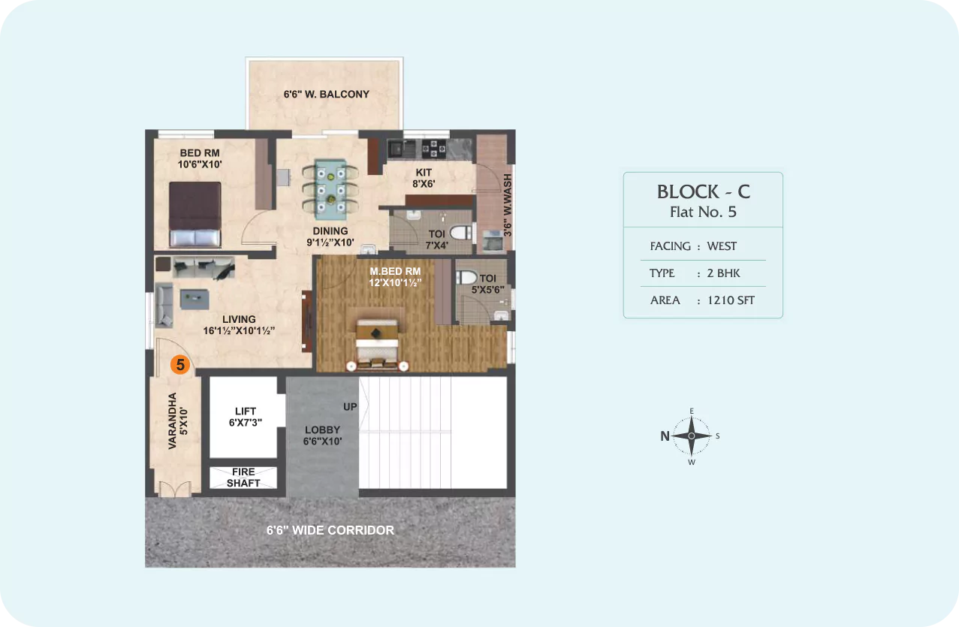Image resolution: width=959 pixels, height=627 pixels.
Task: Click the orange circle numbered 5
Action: (x=180, y=365)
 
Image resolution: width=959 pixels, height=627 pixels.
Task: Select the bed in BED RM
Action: (x=195, y=215)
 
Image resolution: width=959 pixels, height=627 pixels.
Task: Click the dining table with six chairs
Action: (x=330, y=189)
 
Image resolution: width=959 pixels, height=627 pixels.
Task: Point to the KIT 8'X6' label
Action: (x=424, y=178)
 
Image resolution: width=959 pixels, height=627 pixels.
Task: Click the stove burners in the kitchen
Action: (x=434, y=149)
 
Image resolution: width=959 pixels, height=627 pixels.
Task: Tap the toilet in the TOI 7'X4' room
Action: (x=461, y=232)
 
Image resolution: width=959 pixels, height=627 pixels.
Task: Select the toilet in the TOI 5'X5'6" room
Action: (x=466, y=277)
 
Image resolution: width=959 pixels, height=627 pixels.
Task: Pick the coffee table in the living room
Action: (x=195, y=299)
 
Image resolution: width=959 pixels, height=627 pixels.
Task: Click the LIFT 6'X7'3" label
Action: (x=246, y=417)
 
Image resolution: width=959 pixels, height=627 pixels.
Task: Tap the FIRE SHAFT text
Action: (x=243, y=478)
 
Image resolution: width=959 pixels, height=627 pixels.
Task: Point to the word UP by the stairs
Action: (x=350, y=406)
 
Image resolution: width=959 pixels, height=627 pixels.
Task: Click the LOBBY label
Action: (x=322, y=430)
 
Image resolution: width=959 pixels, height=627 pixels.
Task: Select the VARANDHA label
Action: (x=172, y=421)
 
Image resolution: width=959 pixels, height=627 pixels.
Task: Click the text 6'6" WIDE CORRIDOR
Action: (x=330, y=530)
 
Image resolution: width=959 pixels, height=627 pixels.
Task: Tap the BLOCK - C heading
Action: (x=704, y=191)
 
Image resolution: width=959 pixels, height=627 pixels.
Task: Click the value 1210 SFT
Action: (x=731, y=300)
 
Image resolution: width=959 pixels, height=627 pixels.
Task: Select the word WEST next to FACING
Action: (x=722, y=246)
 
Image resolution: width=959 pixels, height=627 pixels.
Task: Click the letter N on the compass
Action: (x=665, y=436)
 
